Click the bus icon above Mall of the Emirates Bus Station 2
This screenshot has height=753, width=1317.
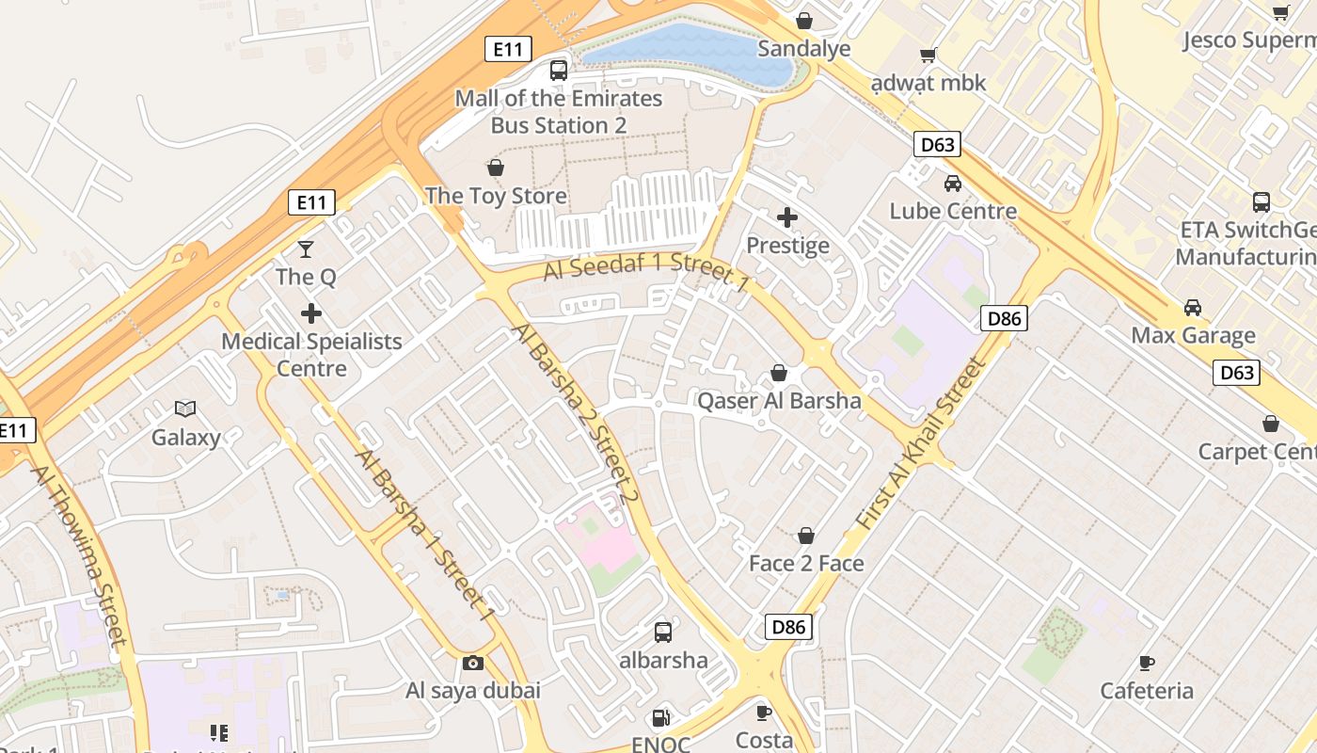point(559,70)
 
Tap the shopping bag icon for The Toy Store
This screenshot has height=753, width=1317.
point(496,168)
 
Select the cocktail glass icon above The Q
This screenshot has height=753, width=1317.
point(306,249)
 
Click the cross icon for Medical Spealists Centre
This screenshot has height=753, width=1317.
point(311,313)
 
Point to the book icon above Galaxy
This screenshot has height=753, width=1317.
point(185,409)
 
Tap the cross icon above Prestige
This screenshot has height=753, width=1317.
point(787,218)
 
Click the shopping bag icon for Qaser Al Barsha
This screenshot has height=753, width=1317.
point(779,374)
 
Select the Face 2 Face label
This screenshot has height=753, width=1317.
point(806,563)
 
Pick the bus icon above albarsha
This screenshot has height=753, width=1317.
point(663,633)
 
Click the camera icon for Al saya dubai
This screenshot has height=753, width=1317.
point(473,664)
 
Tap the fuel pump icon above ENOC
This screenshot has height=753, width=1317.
point(661,718)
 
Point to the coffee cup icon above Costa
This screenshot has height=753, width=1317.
point(764,713)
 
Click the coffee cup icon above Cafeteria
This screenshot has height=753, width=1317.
point(1147,664)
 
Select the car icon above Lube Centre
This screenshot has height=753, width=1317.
point(953,184)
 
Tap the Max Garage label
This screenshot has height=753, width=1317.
point(1193,335)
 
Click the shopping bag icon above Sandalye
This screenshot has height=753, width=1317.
point(804,21)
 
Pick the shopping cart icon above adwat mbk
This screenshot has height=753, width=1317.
point(928,56)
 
